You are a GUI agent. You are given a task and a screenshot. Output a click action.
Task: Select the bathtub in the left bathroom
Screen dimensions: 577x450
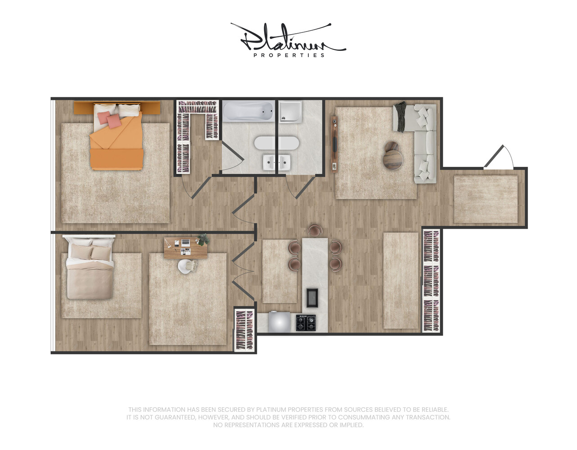[248, 112]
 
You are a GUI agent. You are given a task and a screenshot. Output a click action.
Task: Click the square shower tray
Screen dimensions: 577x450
[290, 112]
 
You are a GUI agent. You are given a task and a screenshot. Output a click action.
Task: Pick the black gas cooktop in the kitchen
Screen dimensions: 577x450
[306, 323]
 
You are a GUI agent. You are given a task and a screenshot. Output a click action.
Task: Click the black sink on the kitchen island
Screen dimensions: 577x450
[312, 298]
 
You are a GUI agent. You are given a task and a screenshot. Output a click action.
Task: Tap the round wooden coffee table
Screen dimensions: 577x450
[393, 156]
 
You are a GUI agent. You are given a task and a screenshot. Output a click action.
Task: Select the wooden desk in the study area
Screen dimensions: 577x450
[185, 248]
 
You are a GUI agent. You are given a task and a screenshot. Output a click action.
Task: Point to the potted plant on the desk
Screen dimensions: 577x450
[203, 239]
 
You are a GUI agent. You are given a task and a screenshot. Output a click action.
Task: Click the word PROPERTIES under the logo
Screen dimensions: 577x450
[289, 55]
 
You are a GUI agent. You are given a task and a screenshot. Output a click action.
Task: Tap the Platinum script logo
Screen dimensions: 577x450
[288, 37]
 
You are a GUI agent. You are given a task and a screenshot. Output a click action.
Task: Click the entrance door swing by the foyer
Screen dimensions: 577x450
[499, 157]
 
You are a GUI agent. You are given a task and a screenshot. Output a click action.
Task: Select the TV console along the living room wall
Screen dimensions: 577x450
[334, 144]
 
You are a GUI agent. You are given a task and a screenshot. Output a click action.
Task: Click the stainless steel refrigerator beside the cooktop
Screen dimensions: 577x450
[279, 322]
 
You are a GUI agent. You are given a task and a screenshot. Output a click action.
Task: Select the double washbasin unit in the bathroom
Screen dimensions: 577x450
[277, 162]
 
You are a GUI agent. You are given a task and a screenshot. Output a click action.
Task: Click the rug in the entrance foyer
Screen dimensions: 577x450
[486, 199]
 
